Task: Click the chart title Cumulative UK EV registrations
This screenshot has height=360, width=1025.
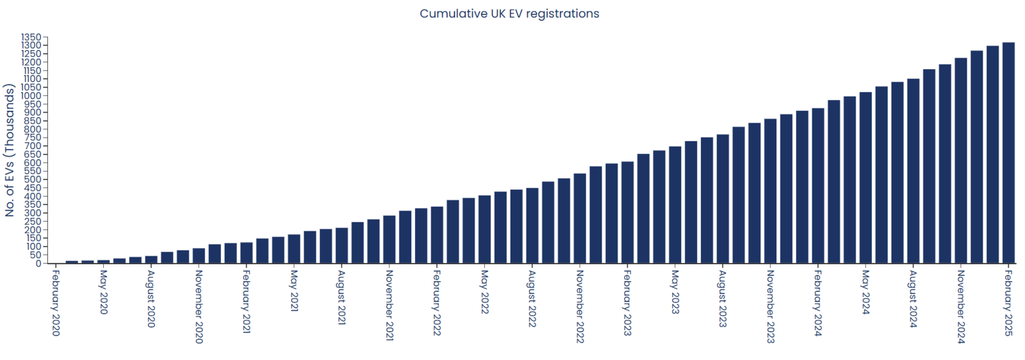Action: coord(509,13)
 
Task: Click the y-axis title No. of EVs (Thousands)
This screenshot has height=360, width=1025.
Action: coord(10,151)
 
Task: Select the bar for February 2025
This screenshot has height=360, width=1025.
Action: coord(1008,154)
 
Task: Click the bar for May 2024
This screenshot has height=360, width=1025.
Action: coord(865,179)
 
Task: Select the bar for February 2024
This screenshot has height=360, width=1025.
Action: coord(818,186)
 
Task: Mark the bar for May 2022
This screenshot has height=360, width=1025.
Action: coord(484,230)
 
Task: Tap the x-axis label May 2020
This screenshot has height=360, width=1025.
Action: coord(104,291)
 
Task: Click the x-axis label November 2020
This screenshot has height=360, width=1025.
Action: coord(199,306)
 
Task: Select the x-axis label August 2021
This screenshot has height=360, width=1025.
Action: coord(341,297)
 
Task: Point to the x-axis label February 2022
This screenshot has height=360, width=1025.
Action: coord(437,302)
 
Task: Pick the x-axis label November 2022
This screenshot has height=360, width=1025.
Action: coord(580,306)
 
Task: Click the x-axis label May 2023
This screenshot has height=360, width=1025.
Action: coord(675,291)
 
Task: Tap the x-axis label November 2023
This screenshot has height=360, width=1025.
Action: coord(770,306)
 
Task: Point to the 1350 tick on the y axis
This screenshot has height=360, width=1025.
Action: coord(31,37)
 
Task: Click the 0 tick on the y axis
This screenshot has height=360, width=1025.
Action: coord(38,263)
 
